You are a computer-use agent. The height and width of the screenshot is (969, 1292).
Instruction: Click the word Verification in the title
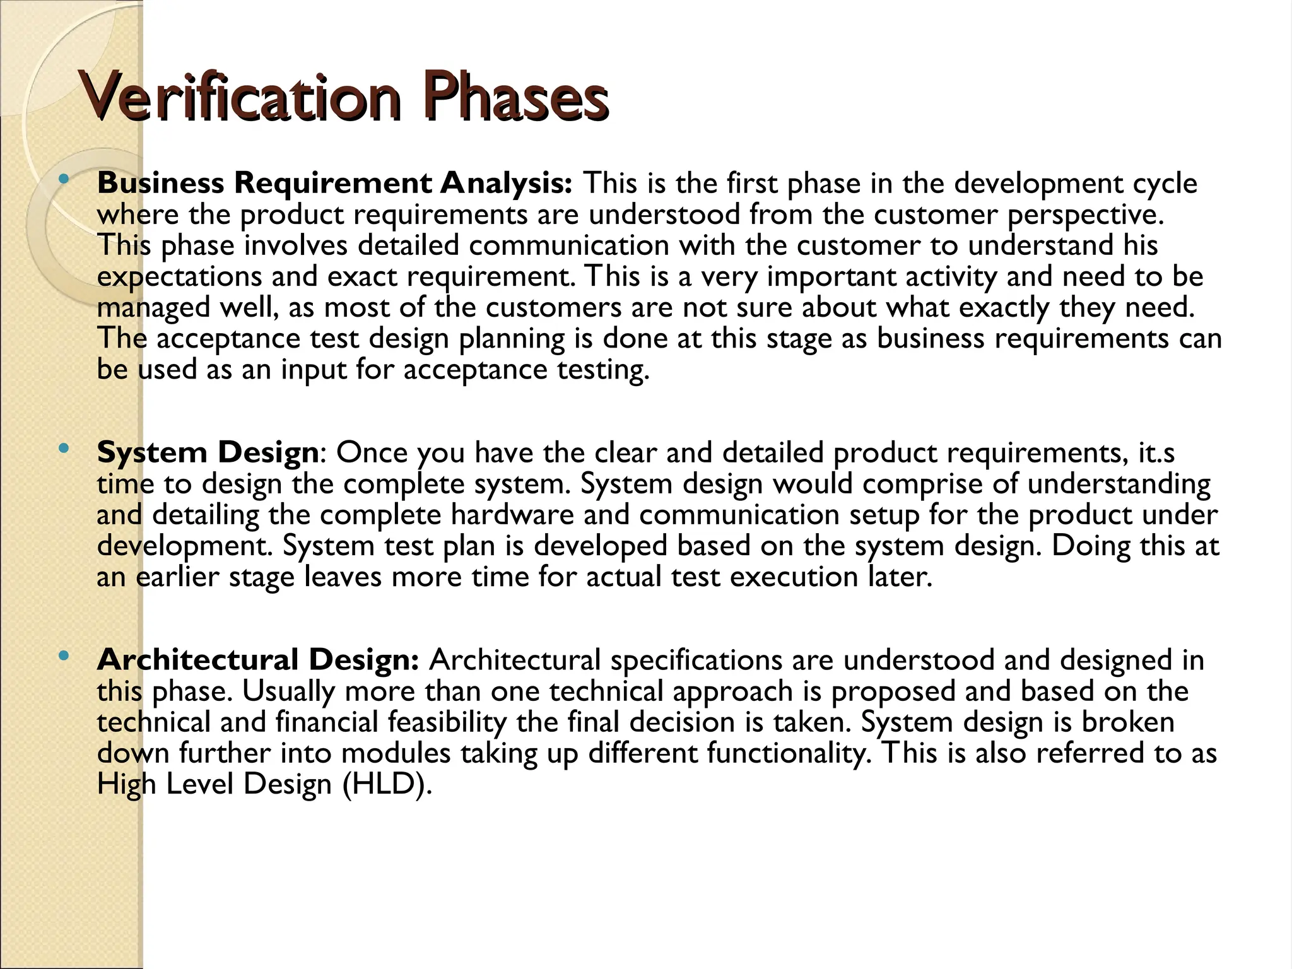pos(240,98)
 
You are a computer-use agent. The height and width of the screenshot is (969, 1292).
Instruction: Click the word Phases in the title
pos(514,98)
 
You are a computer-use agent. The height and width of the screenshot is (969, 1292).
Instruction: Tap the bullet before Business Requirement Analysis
pos(62,180)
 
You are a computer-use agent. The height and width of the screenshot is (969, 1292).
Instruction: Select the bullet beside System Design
pos(62,450)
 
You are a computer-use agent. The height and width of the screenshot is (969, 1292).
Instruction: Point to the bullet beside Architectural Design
pos(62,657)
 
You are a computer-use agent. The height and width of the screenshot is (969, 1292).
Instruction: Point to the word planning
pos(512,339)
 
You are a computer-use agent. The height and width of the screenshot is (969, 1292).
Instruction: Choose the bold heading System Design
pos(208,453)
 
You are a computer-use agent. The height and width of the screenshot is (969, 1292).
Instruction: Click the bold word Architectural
pos(197,660)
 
